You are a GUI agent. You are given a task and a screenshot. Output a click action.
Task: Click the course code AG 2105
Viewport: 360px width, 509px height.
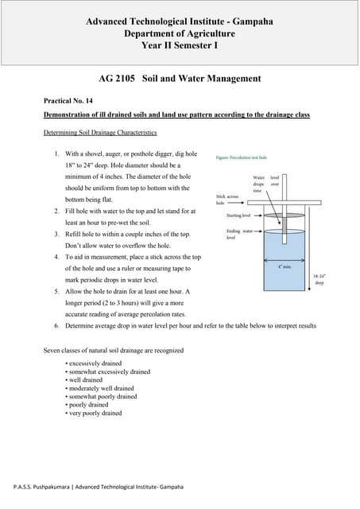(114, 79)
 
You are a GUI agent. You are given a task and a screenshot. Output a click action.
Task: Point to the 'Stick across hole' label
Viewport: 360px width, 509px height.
(226, 199)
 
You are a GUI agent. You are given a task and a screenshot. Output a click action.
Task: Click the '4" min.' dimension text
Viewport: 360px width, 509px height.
(285, 266)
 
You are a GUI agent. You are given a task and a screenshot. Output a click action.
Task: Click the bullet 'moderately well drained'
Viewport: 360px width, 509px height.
(102, 388)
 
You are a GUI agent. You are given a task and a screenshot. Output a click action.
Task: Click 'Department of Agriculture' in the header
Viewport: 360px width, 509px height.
(180, 34)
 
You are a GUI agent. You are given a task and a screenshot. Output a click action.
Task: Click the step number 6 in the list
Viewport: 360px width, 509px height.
(56, 326)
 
